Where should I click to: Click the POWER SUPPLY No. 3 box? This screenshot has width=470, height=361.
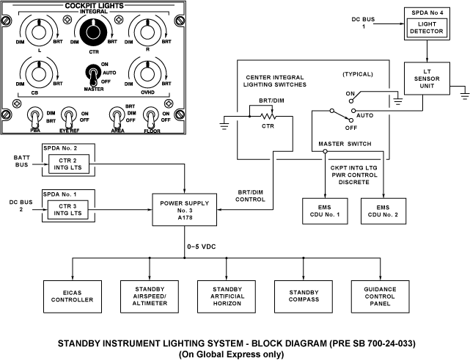tap(183, 210)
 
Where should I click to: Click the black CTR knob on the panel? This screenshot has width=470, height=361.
tap(93, 32)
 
